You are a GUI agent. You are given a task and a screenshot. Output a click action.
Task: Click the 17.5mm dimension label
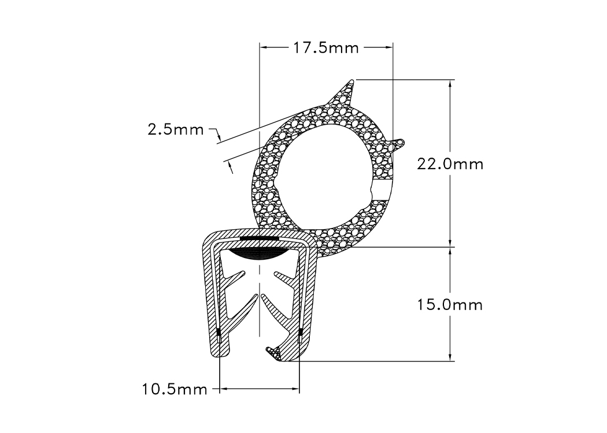[326, 48]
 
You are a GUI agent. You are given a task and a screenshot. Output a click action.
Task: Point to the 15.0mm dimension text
[450, 304]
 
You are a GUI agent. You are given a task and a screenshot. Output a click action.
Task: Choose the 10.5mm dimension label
[175, 390]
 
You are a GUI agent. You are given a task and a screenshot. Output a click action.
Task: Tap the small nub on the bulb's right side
[398, 143]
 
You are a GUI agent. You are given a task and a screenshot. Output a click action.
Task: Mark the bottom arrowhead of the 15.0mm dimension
[451, 357]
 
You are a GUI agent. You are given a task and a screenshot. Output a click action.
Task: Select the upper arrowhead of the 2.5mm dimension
[219, 137]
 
